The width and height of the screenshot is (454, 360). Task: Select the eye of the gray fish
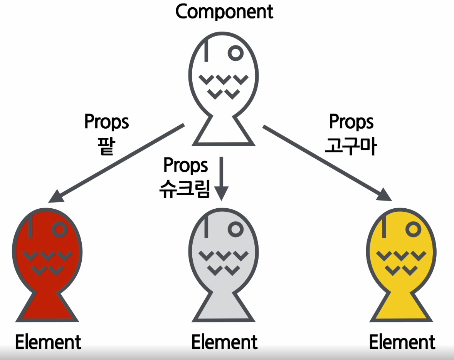tap(235, 229)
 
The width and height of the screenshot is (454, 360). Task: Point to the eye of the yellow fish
tap(413, 229)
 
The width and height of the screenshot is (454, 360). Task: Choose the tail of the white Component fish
tap(224, 131)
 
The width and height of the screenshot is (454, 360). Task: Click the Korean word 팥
tap(106, 146)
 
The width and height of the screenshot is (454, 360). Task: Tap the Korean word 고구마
tap(351, 146)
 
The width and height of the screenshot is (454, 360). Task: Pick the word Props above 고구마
tap(351, 122)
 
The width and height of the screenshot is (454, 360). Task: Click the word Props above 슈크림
tap(186, 165)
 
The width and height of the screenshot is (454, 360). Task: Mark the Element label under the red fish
tap(49, 342)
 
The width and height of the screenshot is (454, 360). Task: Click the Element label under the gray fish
tap(225, 342)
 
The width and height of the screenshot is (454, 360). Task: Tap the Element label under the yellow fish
tap(402, 342)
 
